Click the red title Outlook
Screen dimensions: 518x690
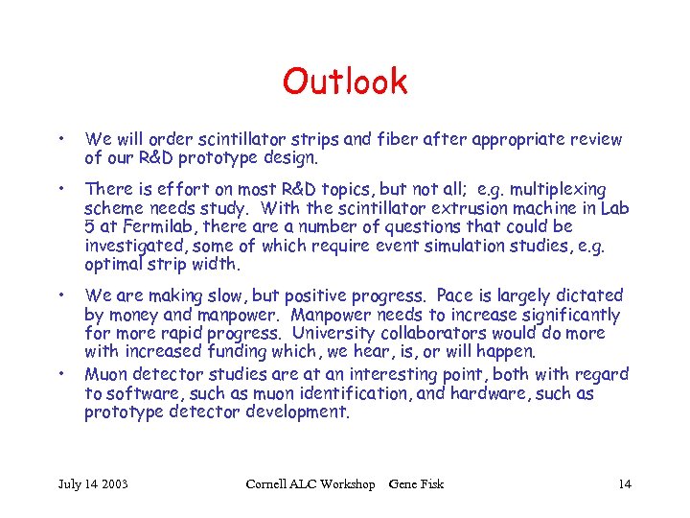[345, 82]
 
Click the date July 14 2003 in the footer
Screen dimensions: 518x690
[94, 483]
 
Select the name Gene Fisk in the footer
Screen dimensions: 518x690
[417, 483]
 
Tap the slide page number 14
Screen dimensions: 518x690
[624, 483]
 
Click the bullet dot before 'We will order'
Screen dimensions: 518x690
[61, 139]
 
